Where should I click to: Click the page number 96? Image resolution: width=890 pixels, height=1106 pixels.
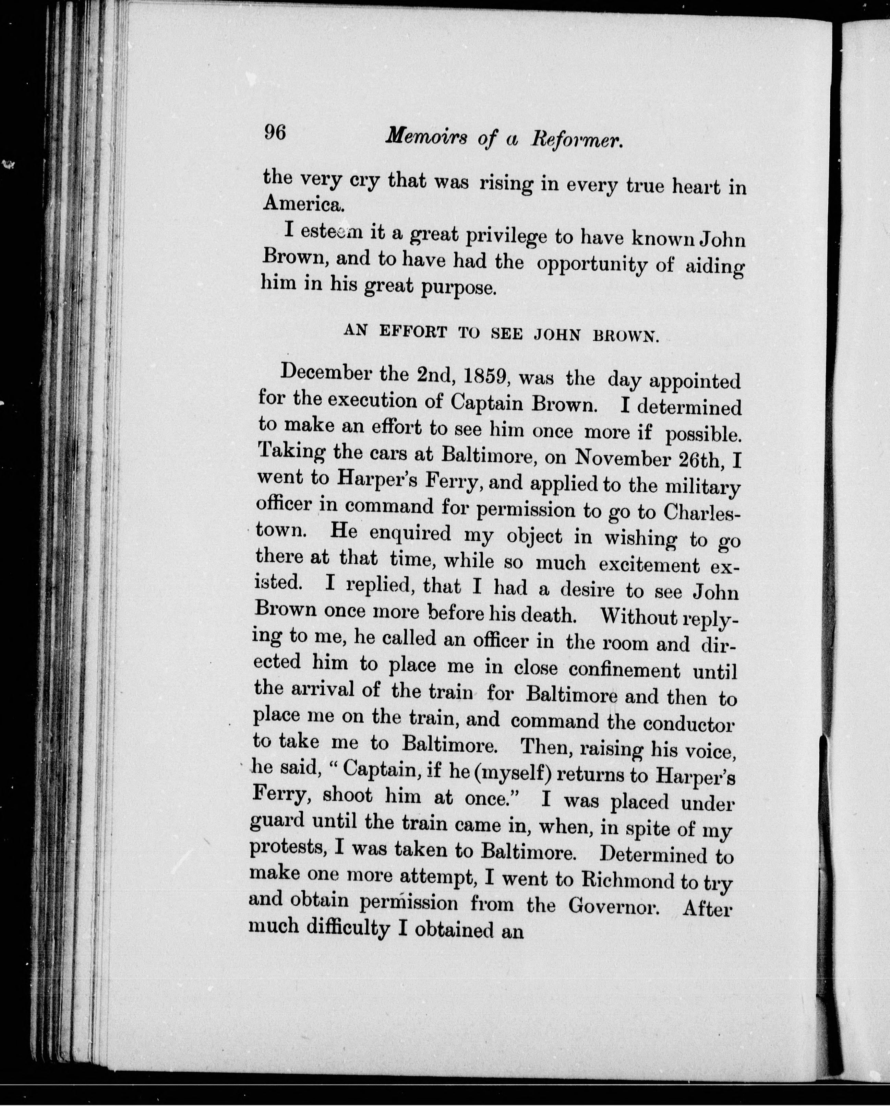click(x=275, y=133)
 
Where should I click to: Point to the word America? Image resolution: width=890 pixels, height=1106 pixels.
click(x=302, y=205)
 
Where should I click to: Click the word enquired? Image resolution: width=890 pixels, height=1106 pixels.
click(x=410, y=533)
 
